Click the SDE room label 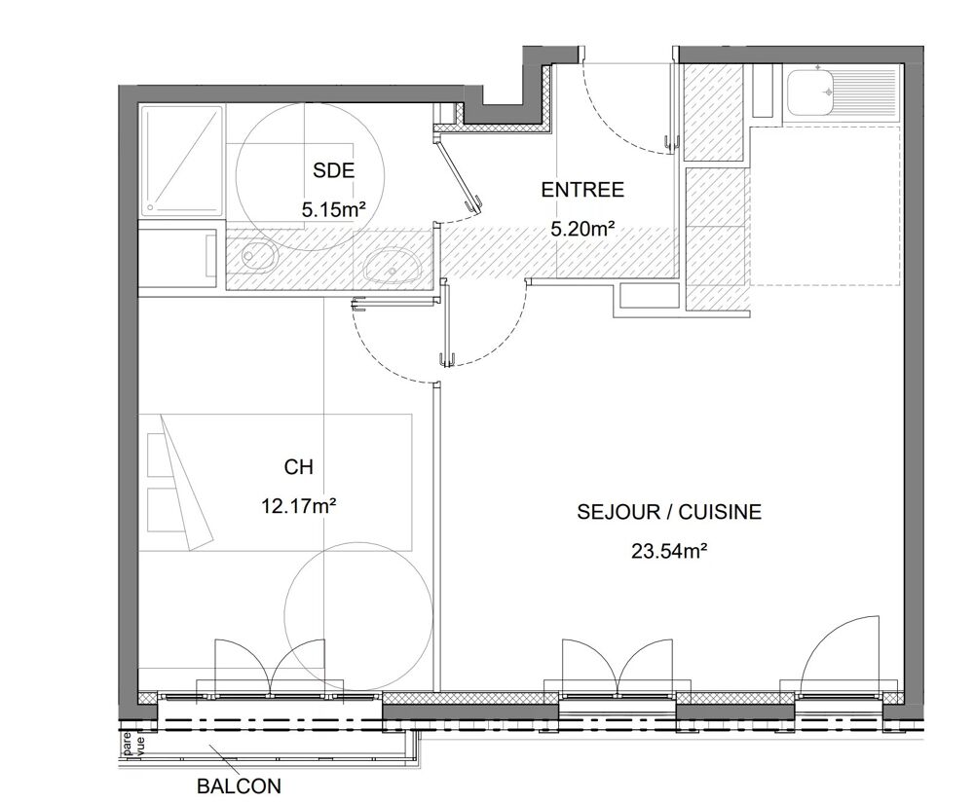coord(333,171)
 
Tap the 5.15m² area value coord(333,206)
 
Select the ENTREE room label coord(582,190)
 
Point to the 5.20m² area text coord(582,230)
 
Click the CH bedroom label coord(298,468)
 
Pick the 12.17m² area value coord(298,505)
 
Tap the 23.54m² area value coord(668,551)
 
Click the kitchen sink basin coord(809,92)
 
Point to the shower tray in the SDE coord(182,161)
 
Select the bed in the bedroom coord(276,482)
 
